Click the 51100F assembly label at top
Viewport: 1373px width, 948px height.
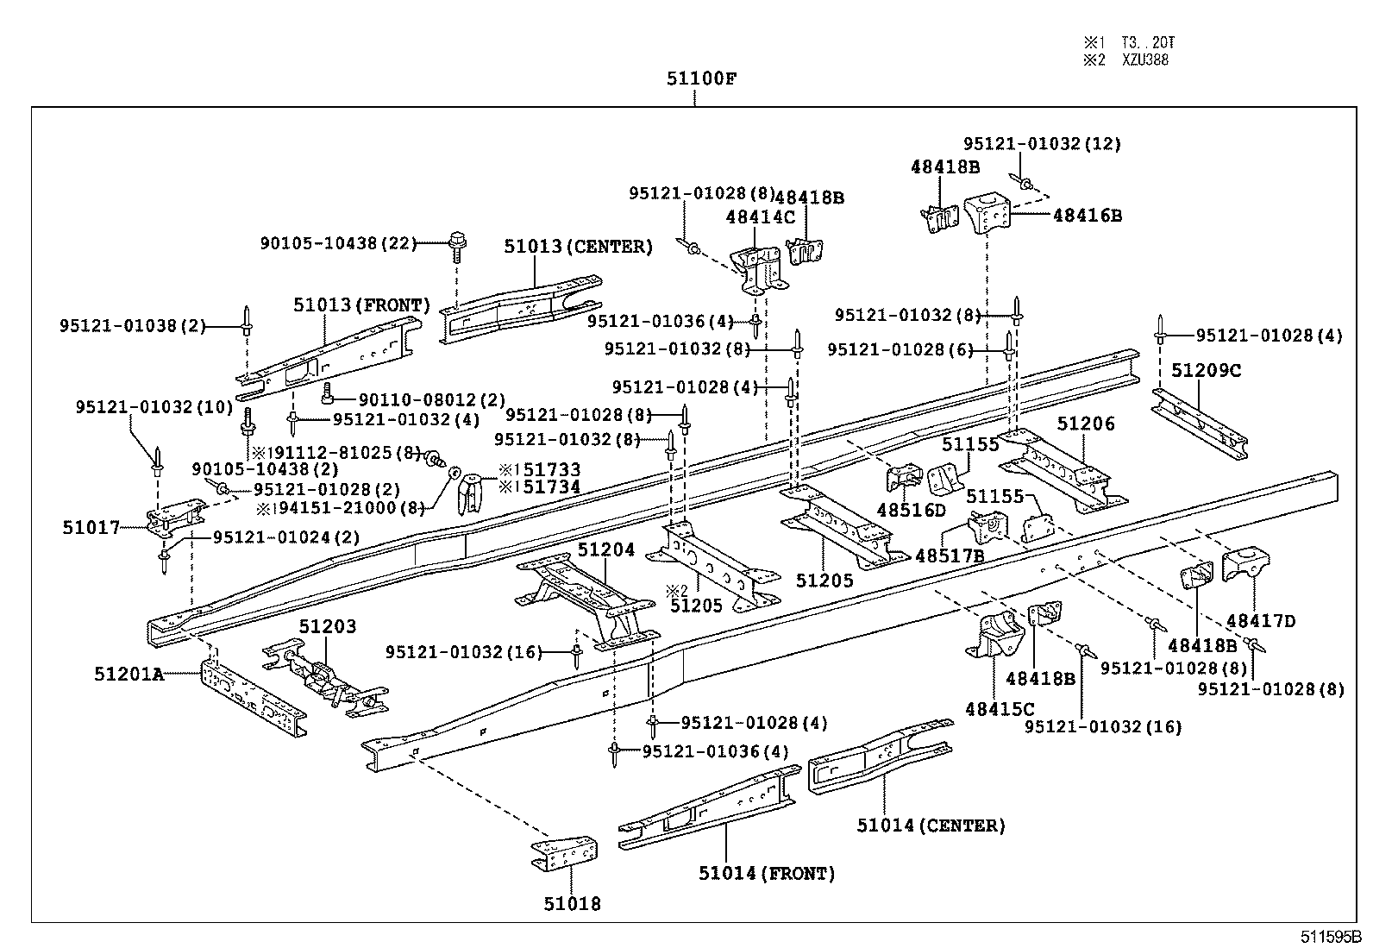(x=700, y=79)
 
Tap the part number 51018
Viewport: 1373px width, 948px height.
(x=572, y=903)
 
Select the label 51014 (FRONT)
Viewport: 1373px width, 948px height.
(x=767, y=873)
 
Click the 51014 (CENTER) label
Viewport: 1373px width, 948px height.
(x=931, y=826)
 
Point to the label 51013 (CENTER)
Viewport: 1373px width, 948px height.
(x=578, y=247)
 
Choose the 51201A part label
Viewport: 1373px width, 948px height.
(x=129, y=674)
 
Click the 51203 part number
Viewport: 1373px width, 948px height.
(x=327, y=626)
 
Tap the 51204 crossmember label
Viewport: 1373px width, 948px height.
(x=605, y=549)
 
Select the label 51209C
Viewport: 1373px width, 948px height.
(x=1206, y=371)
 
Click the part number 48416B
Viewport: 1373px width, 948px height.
(x=1087, y=215)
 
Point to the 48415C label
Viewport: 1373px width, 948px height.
(x=999, y=709)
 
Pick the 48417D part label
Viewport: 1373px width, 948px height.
(x=1260, y=620)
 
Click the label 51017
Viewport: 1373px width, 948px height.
(x=91, y=527)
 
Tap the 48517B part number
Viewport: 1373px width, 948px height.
(x=949, y=556)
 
